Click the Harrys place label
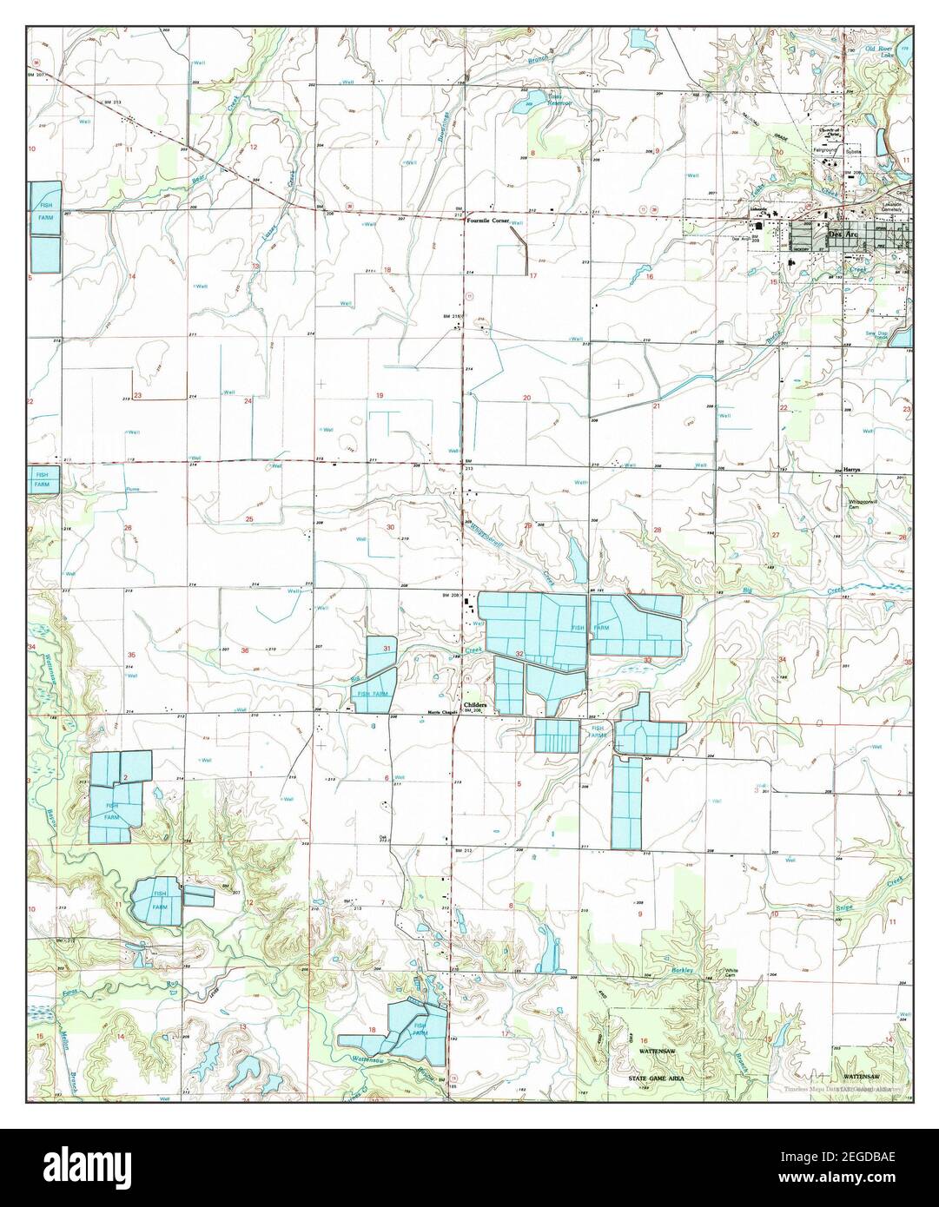(850, 469)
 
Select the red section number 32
(519, 652)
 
